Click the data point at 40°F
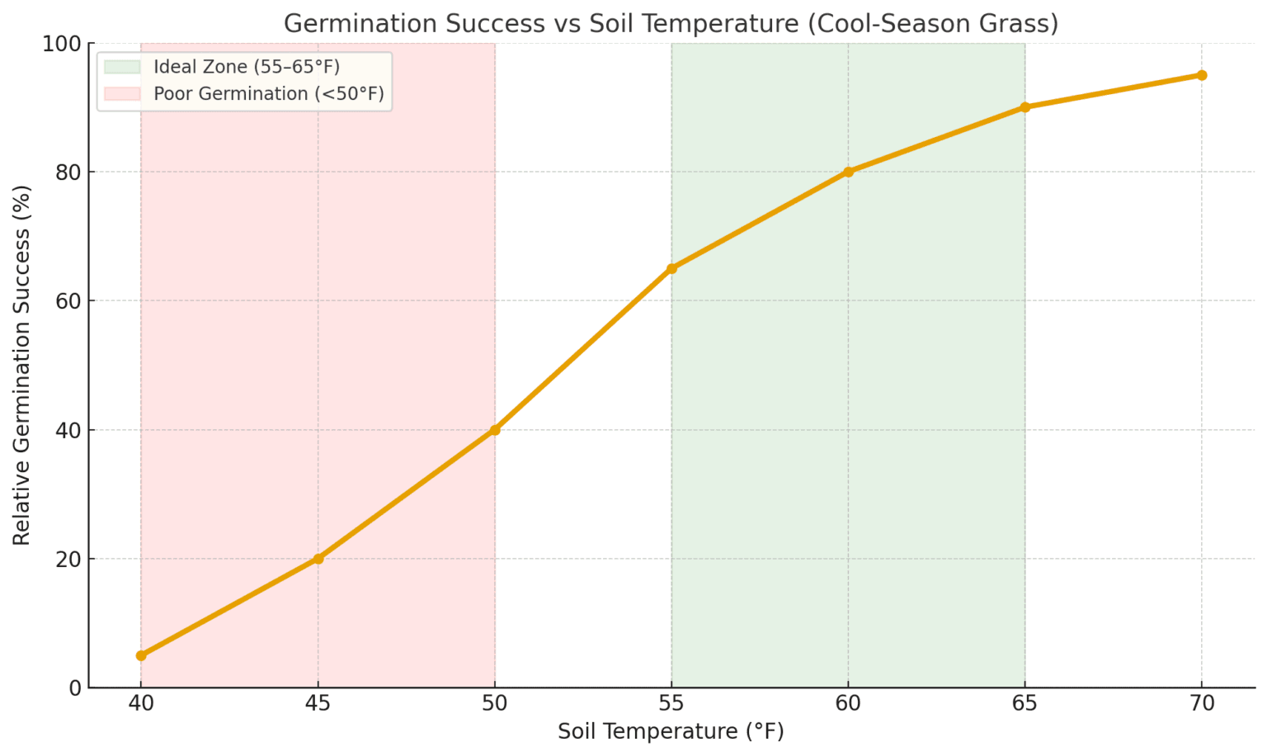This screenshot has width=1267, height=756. pyautogui.click(x=141, y=655)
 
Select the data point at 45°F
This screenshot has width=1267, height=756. pyautogui.click(x=318, y=559)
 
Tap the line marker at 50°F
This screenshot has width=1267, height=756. pyautogui.click(x=495, y=430)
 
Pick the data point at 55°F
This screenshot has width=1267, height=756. pyautogui.click(x=671, y=268)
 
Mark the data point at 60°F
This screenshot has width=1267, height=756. pyautogui.click(x=848, y=172)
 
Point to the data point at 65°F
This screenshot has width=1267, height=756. pyautogui.click(x=1025, y=107)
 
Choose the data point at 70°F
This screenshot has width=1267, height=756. pyautogui.click(x=1202, y=75)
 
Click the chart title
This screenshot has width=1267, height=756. pyautogui.click(x=671, y=23)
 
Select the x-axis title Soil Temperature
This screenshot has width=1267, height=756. pyautogui.click(x=671, y=731)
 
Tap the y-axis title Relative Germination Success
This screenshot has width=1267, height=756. pyautogui.click(x=21, y=365)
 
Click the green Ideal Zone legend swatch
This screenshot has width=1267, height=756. pyautogui.click(x=123, y=67)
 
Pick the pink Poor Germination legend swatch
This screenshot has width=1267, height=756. pyautogui.click(x=123, y=94)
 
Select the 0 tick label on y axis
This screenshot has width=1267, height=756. pyautogui.click(x=75, y=687)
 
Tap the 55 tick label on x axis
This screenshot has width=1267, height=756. pyautogui.click(x=671, y=704)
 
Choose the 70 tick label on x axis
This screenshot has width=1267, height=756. pyautogui.click(x=1202, y=704)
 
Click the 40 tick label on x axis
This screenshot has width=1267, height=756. pyautogui.click(x=141, y=704)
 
